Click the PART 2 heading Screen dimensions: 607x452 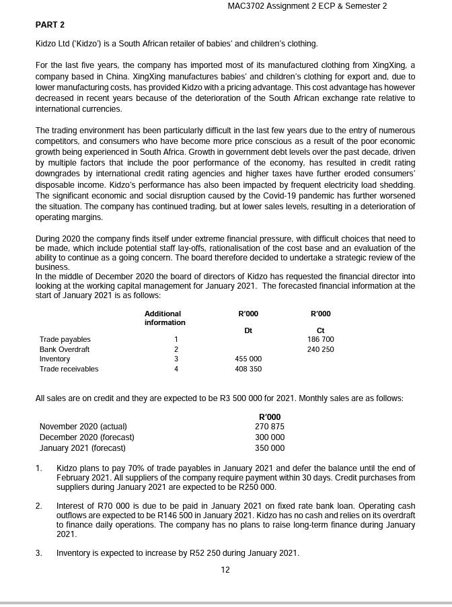[50, 25]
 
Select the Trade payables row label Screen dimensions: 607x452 [65, 339]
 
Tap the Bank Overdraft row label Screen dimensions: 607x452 [65, 349]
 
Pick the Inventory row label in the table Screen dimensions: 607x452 [54, 359]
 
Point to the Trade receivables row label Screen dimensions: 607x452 [69, 369]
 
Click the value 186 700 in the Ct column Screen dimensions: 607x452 [320, 339]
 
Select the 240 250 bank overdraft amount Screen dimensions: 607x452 [320, 349]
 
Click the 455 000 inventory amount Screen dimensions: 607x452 [248, 359]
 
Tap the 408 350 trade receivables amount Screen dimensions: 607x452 [248, 369]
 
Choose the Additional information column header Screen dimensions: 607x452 [165, 318]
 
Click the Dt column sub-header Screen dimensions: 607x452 [248, 330]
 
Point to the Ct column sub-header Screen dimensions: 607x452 [320, 330]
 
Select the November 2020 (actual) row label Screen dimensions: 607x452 [83, 427]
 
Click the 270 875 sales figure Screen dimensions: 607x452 [270, 427]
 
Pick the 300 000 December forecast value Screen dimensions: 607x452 [270, 437]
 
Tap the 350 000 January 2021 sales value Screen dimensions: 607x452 [270, 448]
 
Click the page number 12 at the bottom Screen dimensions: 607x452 [225, 570]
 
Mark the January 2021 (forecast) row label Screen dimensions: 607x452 [82, 448]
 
